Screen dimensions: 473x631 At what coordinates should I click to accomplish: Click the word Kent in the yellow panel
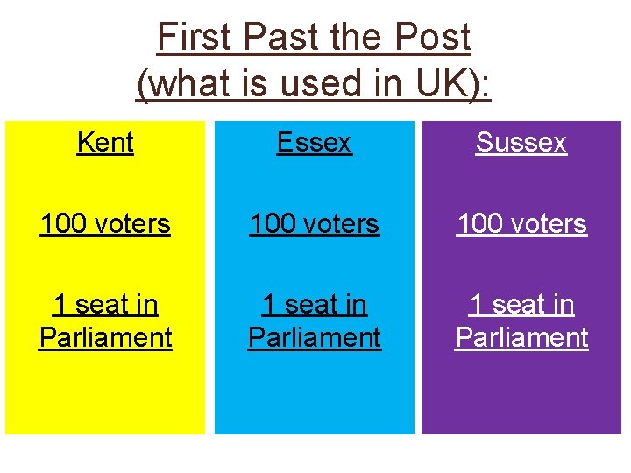pyautogui.click(x=105, y=142)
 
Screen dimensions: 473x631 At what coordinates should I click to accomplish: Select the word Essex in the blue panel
pyautogui.click(x=314, y=142)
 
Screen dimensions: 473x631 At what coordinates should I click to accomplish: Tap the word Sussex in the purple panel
pyautogui.click(x=521, y=142)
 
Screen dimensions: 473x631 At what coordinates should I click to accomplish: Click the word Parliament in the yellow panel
pyautogui.click(x=105, y=337)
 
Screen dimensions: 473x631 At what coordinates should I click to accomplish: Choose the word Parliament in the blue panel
pyautogui.click(x=314, y=337)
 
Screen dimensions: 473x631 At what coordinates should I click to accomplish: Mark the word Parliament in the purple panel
pyautogui.click(x=521, y=337)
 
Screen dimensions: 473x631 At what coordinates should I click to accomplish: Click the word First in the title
pyautogui.click(x=195, y=38)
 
